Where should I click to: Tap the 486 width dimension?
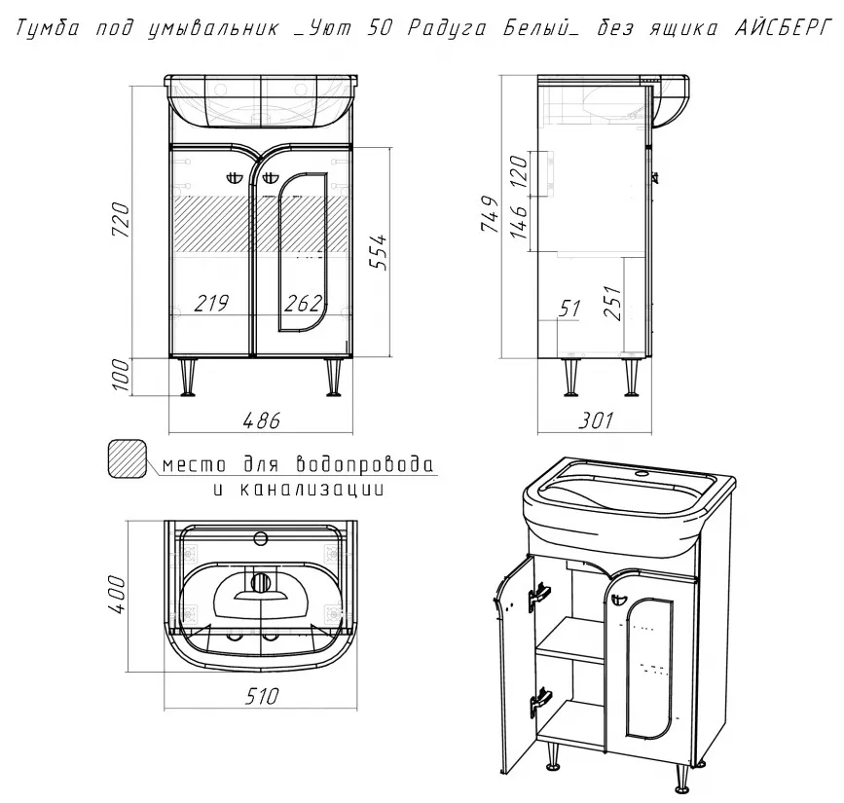(260, 420)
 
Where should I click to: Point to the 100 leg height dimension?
(121, 376)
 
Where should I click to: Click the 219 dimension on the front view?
(210, 304)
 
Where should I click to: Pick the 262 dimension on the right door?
(304, 304)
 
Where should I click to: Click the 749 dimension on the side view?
(491, 216)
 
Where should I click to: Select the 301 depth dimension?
(596, 420)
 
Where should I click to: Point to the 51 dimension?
(569, 309)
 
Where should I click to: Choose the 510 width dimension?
(260, 697)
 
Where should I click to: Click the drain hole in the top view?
(260, 584)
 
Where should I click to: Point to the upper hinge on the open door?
(536, 594)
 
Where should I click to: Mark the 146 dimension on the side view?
(518, 222)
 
